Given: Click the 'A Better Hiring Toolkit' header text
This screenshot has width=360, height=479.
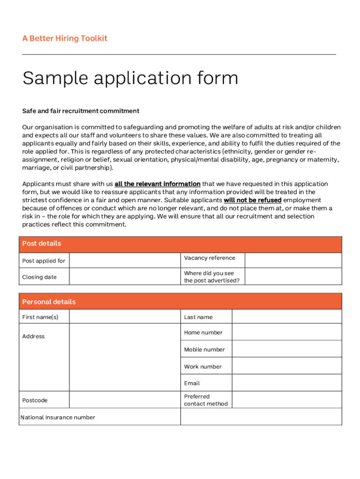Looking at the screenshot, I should pos(65,38).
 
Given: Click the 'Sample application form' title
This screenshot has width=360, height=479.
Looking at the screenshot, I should pos(130,78).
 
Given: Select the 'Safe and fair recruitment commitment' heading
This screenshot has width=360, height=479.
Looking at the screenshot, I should pos(81,111).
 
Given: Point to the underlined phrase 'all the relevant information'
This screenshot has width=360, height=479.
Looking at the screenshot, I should pos(158,184).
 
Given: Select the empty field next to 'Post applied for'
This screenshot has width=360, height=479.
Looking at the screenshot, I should pos(125,261).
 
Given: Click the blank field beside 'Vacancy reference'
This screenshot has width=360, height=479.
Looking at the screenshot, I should pos(293,261).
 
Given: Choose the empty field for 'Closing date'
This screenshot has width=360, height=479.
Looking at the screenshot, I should pos(125,276).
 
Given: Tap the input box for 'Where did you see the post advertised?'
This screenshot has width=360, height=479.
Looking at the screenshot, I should pos(293,276).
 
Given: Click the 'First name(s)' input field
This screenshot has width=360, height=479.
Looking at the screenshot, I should pos(125,317).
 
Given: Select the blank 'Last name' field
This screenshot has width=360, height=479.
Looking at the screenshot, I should pos(287,317).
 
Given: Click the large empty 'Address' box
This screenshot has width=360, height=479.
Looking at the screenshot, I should pos(125,357).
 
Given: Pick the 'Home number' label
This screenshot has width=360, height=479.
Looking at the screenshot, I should pos(203,333).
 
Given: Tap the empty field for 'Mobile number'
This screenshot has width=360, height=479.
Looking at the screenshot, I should pos(287,349).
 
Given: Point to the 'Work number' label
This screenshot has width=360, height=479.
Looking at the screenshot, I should pos(203,367).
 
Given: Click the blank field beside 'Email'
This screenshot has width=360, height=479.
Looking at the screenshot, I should pos(287,383).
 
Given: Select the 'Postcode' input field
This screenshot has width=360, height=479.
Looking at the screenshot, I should pos(125,400).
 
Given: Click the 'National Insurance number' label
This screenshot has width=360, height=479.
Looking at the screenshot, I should pos(58,417).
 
